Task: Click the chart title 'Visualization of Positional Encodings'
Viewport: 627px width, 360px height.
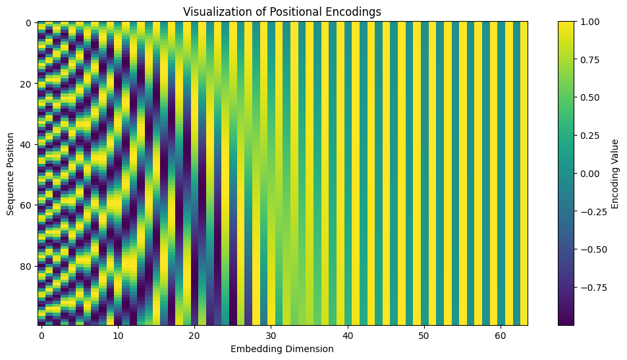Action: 282,12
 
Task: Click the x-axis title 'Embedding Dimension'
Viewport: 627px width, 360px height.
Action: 282,349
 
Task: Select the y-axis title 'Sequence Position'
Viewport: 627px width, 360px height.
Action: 10,174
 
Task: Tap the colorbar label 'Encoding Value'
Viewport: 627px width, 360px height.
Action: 614,174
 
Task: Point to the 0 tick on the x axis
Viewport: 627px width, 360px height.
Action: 41,336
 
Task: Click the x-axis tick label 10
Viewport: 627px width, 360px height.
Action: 117,336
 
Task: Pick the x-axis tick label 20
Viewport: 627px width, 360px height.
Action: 194,336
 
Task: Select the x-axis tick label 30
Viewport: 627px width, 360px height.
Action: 270,336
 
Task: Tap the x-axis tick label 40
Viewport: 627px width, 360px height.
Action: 346,336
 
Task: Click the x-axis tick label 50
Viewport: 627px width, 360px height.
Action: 423,336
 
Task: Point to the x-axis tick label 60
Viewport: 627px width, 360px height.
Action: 499,336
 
